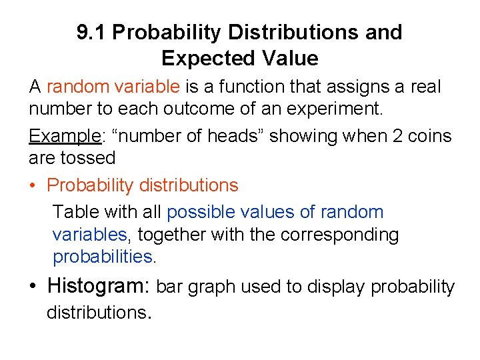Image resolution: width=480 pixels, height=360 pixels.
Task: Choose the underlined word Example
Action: click(x=64, y=137)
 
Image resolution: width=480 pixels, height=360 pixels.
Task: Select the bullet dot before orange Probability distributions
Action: click(x=34, y=185)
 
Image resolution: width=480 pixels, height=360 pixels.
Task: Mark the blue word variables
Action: click(x=89, y=235)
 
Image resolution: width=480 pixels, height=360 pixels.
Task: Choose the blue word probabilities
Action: click(x=103, y=257)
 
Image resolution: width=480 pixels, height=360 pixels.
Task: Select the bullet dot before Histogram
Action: click(x=34, y=287)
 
